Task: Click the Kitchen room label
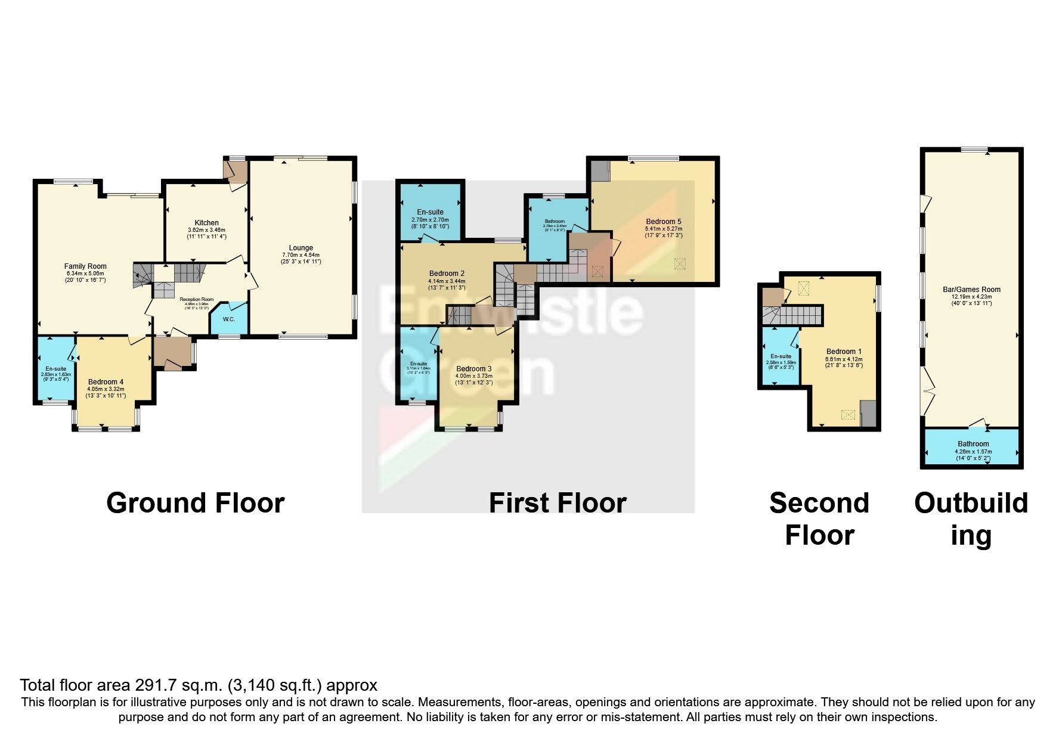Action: [x=206, y=223]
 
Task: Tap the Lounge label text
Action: [x=301, y=248]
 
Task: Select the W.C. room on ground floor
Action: [x=229, y=319]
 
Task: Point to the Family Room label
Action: [x=85, y=267]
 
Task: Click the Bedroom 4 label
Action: [x=106, y=382]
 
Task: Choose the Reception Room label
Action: [x=197, y=300]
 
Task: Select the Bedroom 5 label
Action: [x=663, y=222]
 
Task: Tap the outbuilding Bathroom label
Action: [x=973, y=444]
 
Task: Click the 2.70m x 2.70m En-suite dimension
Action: [x=430, y=220]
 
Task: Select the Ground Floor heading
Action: [x=195, y=503]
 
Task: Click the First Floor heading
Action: [x=557, y=503]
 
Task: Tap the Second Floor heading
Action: [x=819, y=518]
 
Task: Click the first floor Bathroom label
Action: [x=554, y=221]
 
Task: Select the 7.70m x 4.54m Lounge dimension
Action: [x=301, y=255]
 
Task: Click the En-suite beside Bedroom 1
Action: [x=781, y=356]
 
